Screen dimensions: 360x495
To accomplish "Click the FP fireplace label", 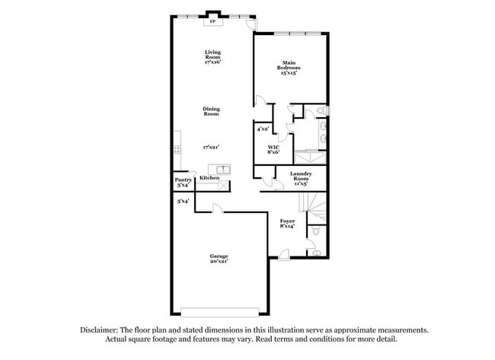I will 212,22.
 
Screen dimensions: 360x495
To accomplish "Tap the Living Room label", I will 212,56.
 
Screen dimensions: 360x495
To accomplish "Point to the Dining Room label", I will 211,111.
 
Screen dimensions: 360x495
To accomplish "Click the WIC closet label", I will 273,149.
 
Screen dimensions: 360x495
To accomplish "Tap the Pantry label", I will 183,182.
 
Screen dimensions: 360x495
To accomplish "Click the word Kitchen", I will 209,178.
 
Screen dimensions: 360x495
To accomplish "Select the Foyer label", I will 287,224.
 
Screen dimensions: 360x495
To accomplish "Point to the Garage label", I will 219,258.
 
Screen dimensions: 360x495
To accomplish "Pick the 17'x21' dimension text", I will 212,145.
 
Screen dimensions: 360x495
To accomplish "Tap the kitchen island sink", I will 223,169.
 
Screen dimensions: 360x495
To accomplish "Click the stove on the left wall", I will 177,148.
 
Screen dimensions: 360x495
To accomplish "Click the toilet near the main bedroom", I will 321,112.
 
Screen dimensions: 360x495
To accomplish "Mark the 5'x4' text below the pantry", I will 183,201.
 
